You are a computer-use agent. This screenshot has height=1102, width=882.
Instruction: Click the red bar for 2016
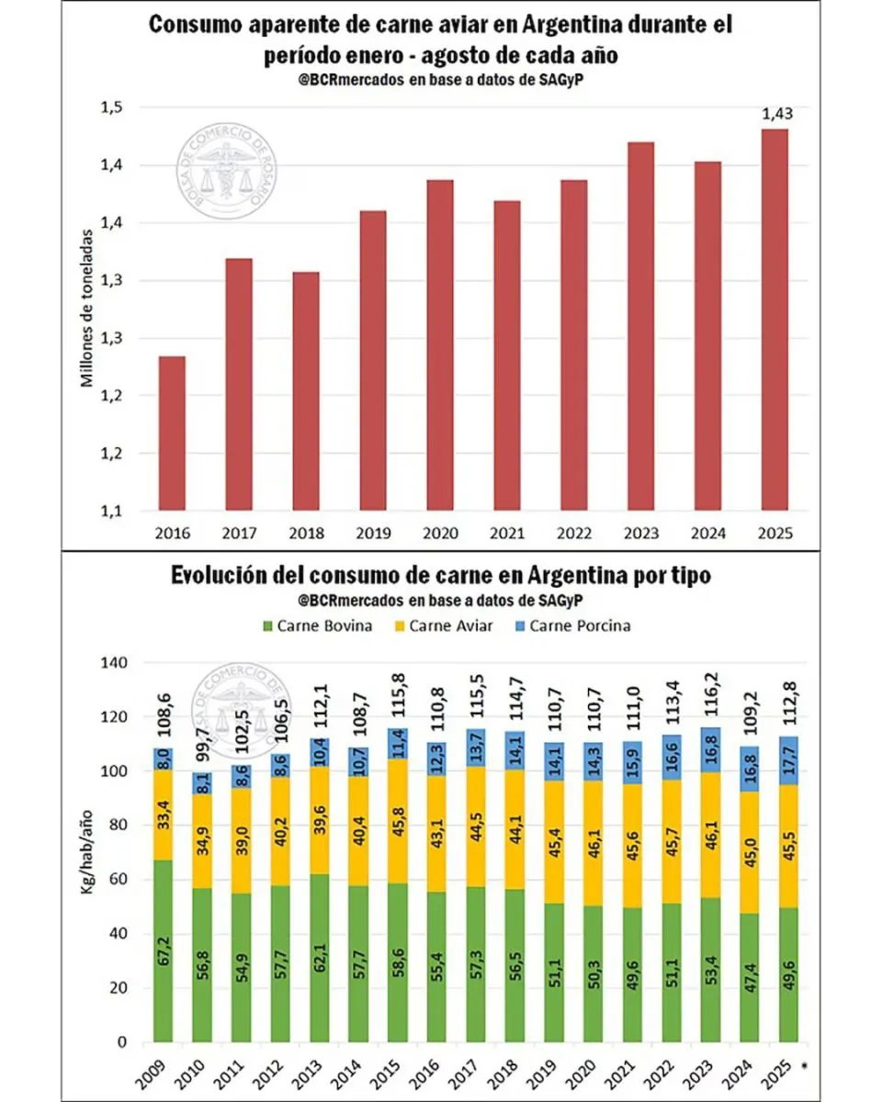click(172, 432)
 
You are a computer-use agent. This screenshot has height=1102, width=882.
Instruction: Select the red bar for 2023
click(640, 326)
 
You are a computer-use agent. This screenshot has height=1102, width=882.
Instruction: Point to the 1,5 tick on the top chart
click(111, 108)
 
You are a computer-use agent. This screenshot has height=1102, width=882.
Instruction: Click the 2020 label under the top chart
click(439, 532)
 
